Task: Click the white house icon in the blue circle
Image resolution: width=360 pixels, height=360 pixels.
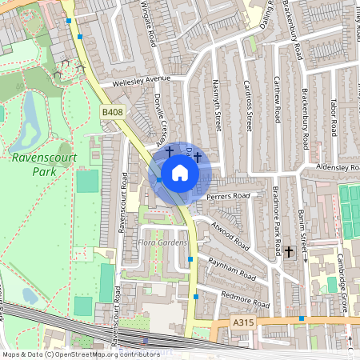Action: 180,173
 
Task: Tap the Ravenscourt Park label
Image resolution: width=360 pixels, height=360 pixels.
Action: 44,164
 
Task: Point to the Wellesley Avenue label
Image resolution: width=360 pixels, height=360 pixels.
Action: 131,79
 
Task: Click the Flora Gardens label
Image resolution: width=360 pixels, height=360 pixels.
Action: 162,242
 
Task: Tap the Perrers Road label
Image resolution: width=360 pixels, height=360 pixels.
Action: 228,195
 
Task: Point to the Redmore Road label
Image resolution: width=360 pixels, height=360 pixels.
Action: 245,298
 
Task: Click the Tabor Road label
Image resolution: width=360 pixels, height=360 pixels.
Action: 334,117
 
